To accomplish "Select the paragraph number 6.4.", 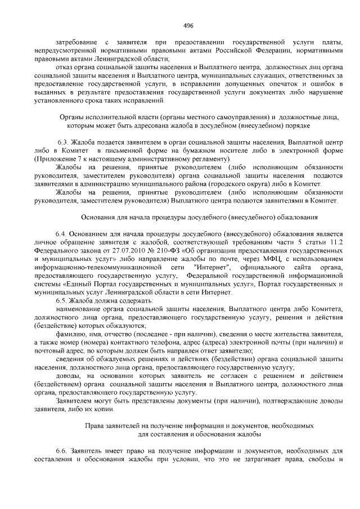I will coord(62,232).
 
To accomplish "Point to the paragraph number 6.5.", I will coord(62,300).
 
